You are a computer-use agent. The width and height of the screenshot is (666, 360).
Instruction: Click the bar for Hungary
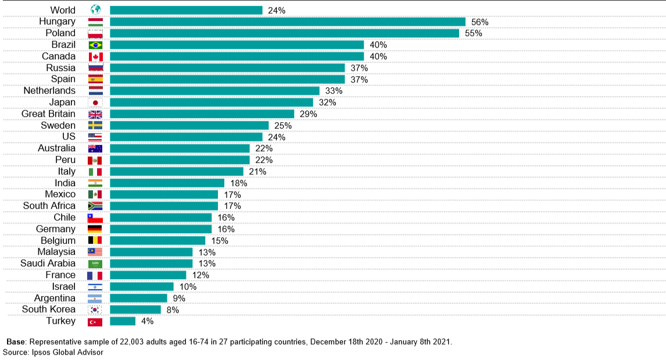point(288,22)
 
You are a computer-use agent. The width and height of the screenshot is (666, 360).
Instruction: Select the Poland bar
point(284,33)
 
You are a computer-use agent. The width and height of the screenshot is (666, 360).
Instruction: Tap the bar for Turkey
point(123,321)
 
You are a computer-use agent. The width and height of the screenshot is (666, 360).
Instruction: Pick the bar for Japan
point(212,102)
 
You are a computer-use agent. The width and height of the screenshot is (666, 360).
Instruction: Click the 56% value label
point(480,22)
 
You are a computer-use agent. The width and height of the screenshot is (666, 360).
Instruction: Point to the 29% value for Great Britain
point(308,114)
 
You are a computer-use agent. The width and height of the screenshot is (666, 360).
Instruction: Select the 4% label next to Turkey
point(148,322)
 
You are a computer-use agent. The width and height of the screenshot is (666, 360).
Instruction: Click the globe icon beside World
point(95,10)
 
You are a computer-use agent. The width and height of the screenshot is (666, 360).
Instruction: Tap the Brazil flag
point(95,45)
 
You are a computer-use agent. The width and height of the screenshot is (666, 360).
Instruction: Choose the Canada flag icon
point(95,56)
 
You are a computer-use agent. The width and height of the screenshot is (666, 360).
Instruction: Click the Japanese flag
point(95,102)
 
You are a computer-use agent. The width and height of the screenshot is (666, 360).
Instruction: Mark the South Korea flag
point(95,309)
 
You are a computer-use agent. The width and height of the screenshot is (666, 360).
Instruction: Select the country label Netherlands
point(49,91)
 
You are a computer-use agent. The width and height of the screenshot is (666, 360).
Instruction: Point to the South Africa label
point(49,206)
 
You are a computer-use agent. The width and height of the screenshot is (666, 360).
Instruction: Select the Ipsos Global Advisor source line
point(53,352)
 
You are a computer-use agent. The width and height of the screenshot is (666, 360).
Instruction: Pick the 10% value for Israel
point(188,287)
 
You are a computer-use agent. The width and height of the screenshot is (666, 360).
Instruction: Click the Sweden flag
point(95,126)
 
